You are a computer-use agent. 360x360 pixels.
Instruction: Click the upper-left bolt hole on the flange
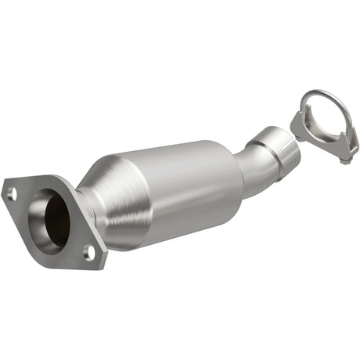coord(11,191)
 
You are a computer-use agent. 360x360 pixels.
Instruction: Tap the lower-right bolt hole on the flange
coord(88,251)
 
